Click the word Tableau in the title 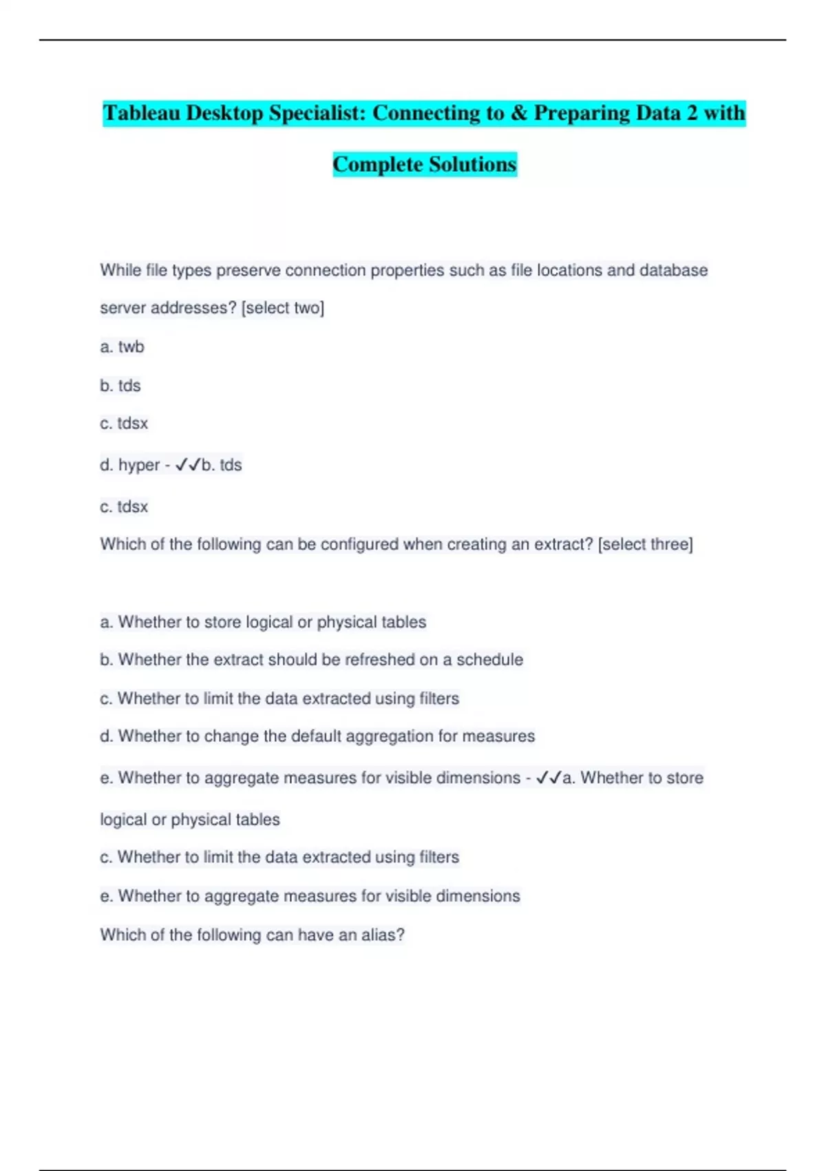tap(142, 113)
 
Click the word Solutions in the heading tap(472, 165)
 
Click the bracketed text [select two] tap(283, 308)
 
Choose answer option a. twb tap(122, 346)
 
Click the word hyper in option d tap(139, 465)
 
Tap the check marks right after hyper tap(187, 465)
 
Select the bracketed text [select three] tap(646, 544)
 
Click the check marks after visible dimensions tap(549, 778)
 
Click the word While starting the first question tap(120, 270)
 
